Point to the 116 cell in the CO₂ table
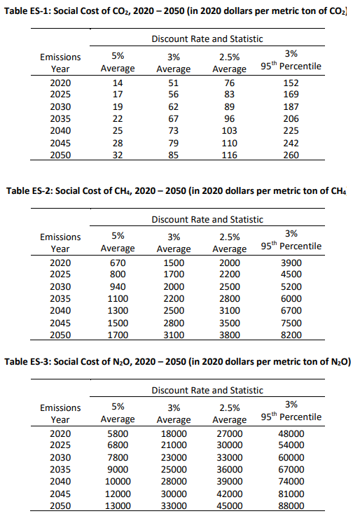click(x=229, y=155)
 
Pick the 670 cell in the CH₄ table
click(x=118, y=262)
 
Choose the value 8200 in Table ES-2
click(x=291, y=335)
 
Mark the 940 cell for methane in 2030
click(x=118, y=286)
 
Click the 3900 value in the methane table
click(x=291, y=262)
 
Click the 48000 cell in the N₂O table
click(x=291, y=434)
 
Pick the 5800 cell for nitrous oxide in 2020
click(x=118, y=434)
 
